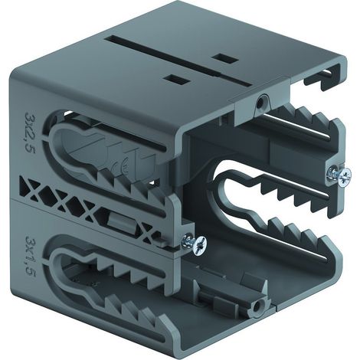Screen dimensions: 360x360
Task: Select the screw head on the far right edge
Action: point(344,176)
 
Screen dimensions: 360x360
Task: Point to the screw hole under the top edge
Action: point(260,103)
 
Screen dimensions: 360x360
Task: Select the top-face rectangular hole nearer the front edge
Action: point(178,80)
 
